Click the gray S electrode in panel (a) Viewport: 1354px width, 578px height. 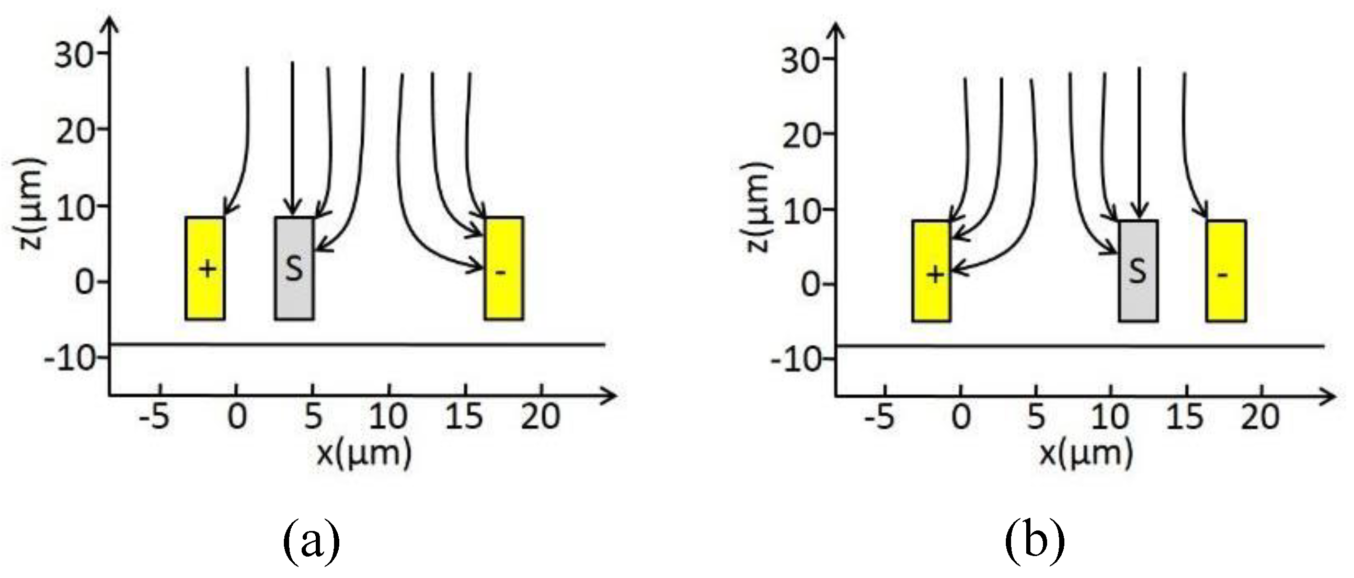[294, 268]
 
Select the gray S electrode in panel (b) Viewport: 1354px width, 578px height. [1138, 271]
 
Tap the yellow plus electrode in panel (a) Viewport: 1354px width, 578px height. [205, 268]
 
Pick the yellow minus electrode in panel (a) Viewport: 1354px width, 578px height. [503, 268]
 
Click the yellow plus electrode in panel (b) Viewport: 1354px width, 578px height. [932, 271]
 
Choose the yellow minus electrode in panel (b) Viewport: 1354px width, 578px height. [1226, 271]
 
